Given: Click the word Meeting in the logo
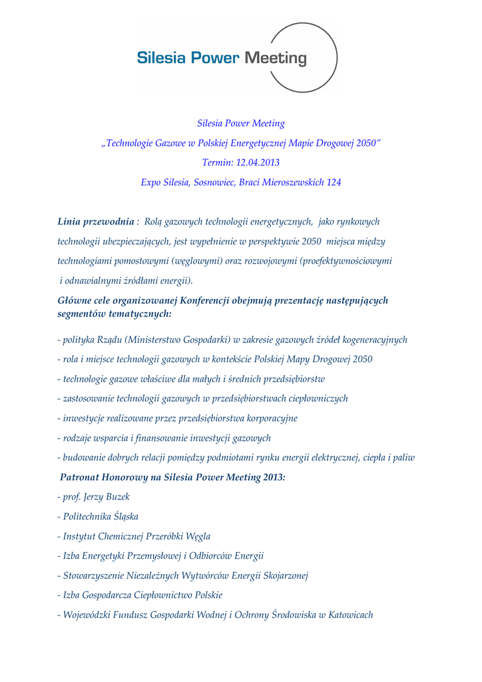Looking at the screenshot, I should click(276, 58).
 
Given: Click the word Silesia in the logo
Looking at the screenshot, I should click(160, 58).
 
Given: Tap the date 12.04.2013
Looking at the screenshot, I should click(258, 163).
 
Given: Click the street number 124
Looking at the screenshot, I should click(333, 182).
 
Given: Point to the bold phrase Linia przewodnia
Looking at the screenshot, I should click(96, 221).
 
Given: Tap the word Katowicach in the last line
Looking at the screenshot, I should click(350, 615).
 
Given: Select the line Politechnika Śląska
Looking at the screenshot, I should click(101, 516).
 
